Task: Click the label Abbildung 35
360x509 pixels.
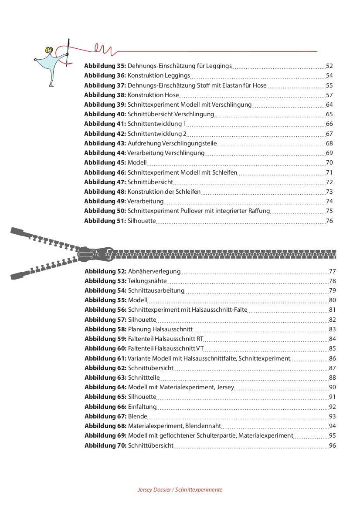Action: (105, 66)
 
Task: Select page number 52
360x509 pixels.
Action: (329, 66)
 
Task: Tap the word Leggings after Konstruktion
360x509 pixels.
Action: (177, 76)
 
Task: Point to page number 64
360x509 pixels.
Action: (329, 104)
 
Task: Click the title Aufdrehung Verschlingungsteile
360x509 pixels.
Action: (172, 143)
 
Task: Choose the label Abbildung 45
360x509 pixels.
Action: (105, 162)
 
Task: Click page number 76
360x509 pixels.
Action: (329, 221)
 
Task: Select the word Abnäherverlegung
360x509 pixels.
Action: (154, 271)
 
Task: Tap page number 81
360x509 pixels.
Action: (333, 310)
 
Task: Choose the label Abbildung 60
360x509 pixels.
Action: (105, 348)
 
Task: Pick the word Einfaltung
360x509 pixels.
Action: (142, 407)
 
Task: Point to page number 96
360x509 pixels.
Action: (333, 445)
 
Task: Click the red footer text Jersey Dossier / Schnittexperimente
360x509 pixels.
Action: (180, 490)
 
